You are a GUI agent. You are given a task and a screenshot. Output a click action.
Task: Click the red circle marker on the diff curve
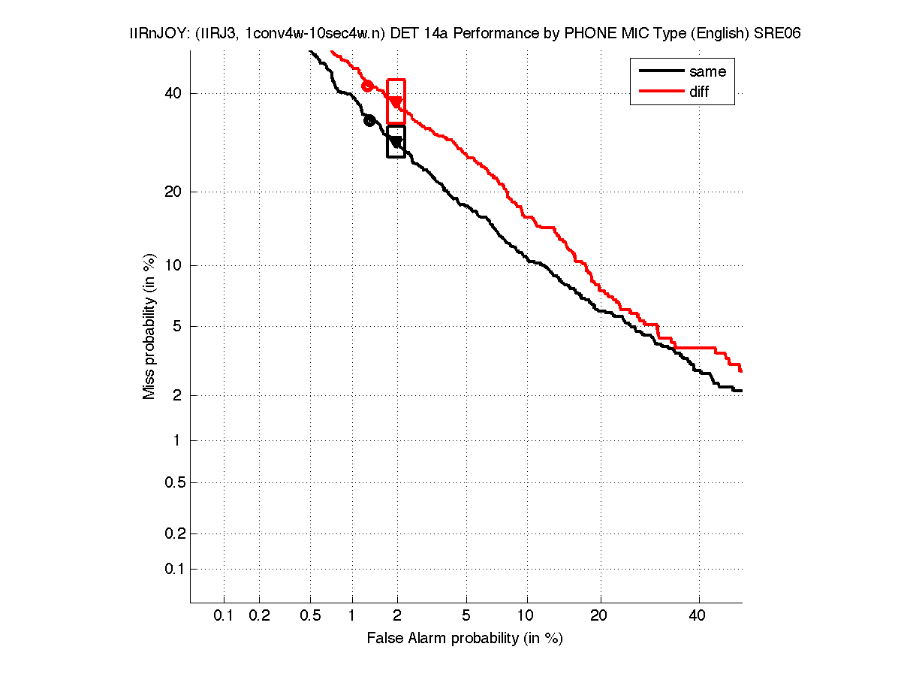(x=367, y=86)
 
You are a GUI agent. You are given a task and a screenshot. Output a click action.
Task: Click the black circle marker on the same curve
(x=369, y=120)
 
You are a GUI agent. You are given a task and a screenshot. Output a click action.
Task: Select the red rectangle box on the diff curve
(x=396, y=101)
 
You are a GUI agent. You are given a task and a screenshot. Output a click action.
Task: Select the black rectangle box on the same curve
(x=396, y=141)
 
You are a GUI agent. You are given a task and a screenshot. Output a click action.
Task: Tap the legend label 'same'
(x=707, y=71)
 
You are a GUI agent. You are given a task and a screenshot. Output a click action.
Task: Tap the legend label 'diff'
(x=699, y=92)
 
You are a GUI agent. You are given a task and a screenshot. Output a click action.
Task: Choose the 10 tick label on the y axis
(x=173, y=265)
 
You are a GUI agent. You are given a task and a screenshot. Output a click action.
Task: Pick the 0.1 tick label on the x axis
(x=224, y=616)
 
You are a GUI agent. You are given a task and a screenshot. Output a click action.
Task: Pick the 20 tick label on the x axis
(x=598, y=616)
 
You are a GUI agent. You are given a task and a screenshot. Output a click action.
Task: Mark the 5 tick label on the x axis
(x=467, y=616)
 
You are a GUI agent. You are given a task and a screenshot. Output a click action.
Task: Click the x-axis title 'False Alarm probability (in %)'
(x=465, y=639)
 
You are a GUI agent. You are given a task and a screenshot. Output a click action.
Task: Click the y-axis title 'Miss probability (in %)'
(x=150, y=325)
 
